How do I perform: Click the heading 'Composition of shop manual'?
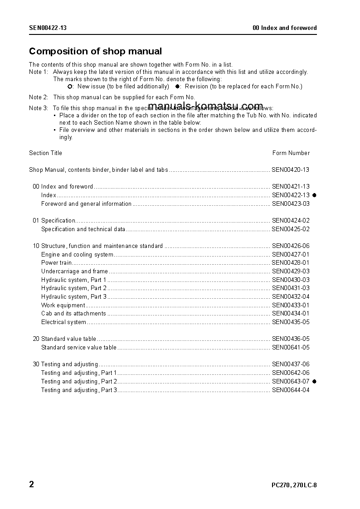click(x=95, y=51)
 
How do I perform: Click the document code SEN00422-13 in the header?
click(x=48, y=28)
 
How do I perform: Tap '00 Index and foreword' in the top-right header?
click(x=284, y=28)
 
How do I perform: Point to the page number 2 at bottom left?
click(x=32, y=485)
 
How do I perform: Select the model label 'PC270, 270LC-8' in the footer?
click(x=294, y=485)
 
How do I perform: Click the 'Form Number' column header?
click(x=291, y=153)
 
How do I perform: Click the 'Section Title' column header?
click(x=45, y=153)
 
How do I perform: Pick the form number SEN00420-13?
click(x=290, y=170)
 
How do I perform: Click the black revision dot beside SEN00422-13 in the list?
click(x=314, y=195)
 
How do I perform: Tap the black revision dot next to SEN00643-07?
click(x=314, y=381)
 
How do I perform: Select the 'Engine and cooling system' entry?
click(x=77, y=255)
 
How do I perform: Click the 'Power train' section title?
click(x=56, y=263)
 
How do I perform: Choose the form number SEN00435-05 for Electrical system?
click(x=290, y=322)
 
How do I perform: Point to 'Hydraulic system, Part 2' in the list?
click(x=74, y=288)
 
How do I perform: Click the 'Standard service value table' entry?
click(x=78, y=348)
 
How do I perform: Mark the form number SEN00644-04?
click(x=290, y=390)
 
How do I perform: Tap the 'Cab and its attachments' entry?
click(x=73, y=314)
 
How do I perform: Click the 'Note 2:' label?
click(x=39, y=97)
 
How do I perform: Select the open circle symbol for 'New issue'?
click(x=70, y=86)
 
